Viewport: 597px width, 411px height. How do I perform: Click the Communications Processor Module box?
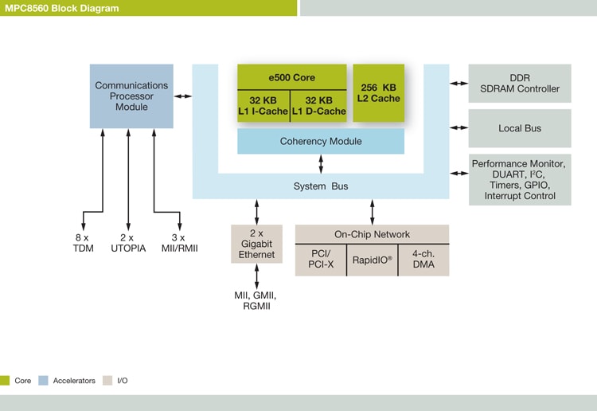click(x=131, y=96)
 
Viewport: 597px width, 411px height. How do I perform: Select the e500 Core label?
click(x=291, y=78)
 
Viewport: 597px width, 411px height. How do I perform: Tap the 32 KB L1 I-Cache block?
click(x=263, y=106)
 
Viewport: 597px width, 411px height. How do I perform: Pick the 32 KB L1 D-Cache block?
click(x=318, y=106)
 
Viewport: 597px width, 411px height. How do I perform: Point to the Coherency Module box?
click(x=321, y=141)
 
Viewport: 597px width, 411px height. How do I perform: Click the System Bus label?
click(x=321, y=186)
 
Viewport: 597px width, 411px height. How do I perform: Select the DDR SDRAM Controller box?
click(x=520, y=83)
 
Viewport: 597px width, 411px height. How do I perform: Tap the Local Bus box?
click(x=520, y=128)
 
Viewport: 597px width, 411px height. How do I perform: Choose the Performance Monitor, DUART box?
click(x=520, y=179)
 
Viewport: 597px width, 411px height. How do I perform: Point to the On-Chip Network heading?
click(x=372, y=234)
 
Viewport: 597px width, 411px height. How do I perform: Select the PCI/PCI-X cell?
click(x=321, y=260)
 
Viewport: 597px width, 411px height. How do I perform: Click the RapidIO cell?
click(x=373, y=260)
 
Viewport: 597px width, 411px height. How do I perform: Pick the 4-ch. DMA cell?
click(x=423, y=260)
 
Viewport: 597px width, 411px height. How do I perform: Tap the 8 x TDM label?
click(x=84, y=243)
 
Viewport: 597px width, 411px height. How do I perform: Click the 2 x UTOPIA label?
click(x=128, y=243)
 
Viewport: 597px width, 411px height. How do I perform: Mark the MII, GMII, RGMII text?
click(x=256, y=300)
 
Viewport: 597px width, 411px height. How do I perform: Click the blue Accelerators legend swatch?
click(x=44, y=381)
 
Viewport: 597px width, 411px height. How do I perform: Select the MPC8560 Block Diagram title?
click(x=61, y=8)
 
